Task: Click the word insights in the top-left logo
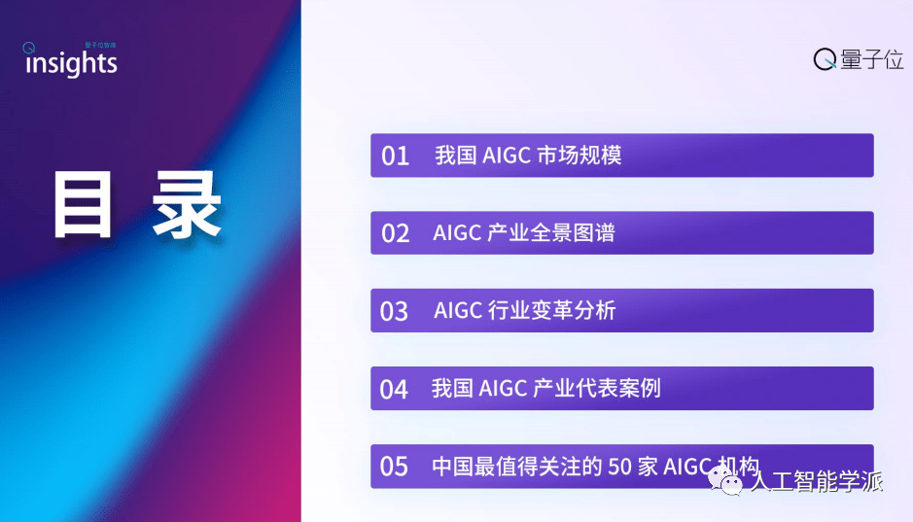tap(71, 63)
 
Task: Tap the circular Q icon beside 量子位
tap(825, 59)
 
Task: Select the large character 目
tap(82, 205)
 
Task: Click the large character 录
tap(187, 205)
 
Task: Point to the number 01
tap(396, 156)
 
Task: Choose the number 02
tap(396, 233)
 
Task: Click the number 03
tap(394, 311)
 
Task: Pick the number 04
tap(394, 390)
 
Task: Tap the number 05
tap(394, 467)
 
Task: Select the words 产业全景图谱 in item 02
tap(551, 232)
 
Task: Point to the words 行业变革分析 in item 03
tap(551, 310)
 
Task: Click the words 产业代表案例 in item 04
tap(597, 388)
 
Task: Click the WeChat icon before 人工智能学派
tap(725, 481)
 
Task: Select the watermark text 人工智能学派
tap(817, 482)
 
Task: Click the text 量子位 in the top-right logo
tap(871, 59)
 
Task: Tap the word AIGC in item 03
tap(458, 311)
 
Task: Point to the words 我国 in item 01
tap(456, 156)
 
